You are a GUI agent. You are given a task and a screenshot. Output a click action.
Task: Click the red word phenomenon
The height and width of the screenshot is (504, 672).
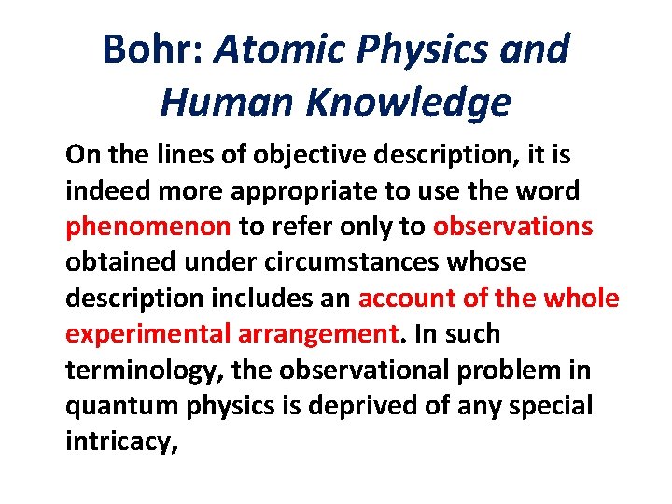148,227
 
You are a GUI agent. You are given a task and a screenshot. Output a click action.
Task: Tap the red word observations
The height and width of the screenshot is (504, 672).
512,227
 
